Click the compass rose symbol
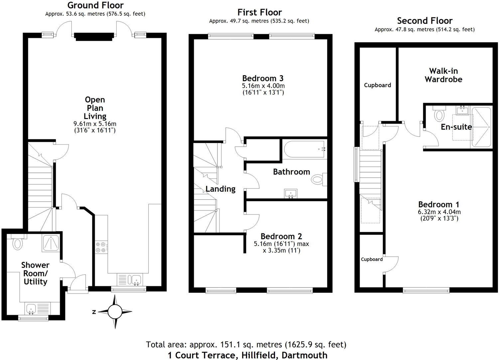[x=115, y=312]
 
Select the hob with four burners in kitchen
[x=101, y=247]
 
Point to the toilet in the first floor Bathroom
[x=318, y=180]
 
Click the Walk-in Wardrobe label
[x=443, y=75]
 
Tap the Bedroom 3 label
[x=263, y=78]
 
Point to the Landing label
[x=220, y=189]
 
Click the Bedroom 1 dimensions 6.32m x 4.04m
[x=439, y=212]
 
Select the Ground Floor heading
[x=95, y=5]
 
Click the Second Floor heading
[x=425, y=21]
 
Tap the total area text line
[x=246, y=344]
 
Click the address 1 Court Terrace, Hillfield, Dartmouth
[x=247, y=355]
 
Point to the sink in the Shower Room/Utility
[x=32, y=308]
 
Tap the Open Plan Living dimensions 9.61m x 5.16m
[x=95, y=124]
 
